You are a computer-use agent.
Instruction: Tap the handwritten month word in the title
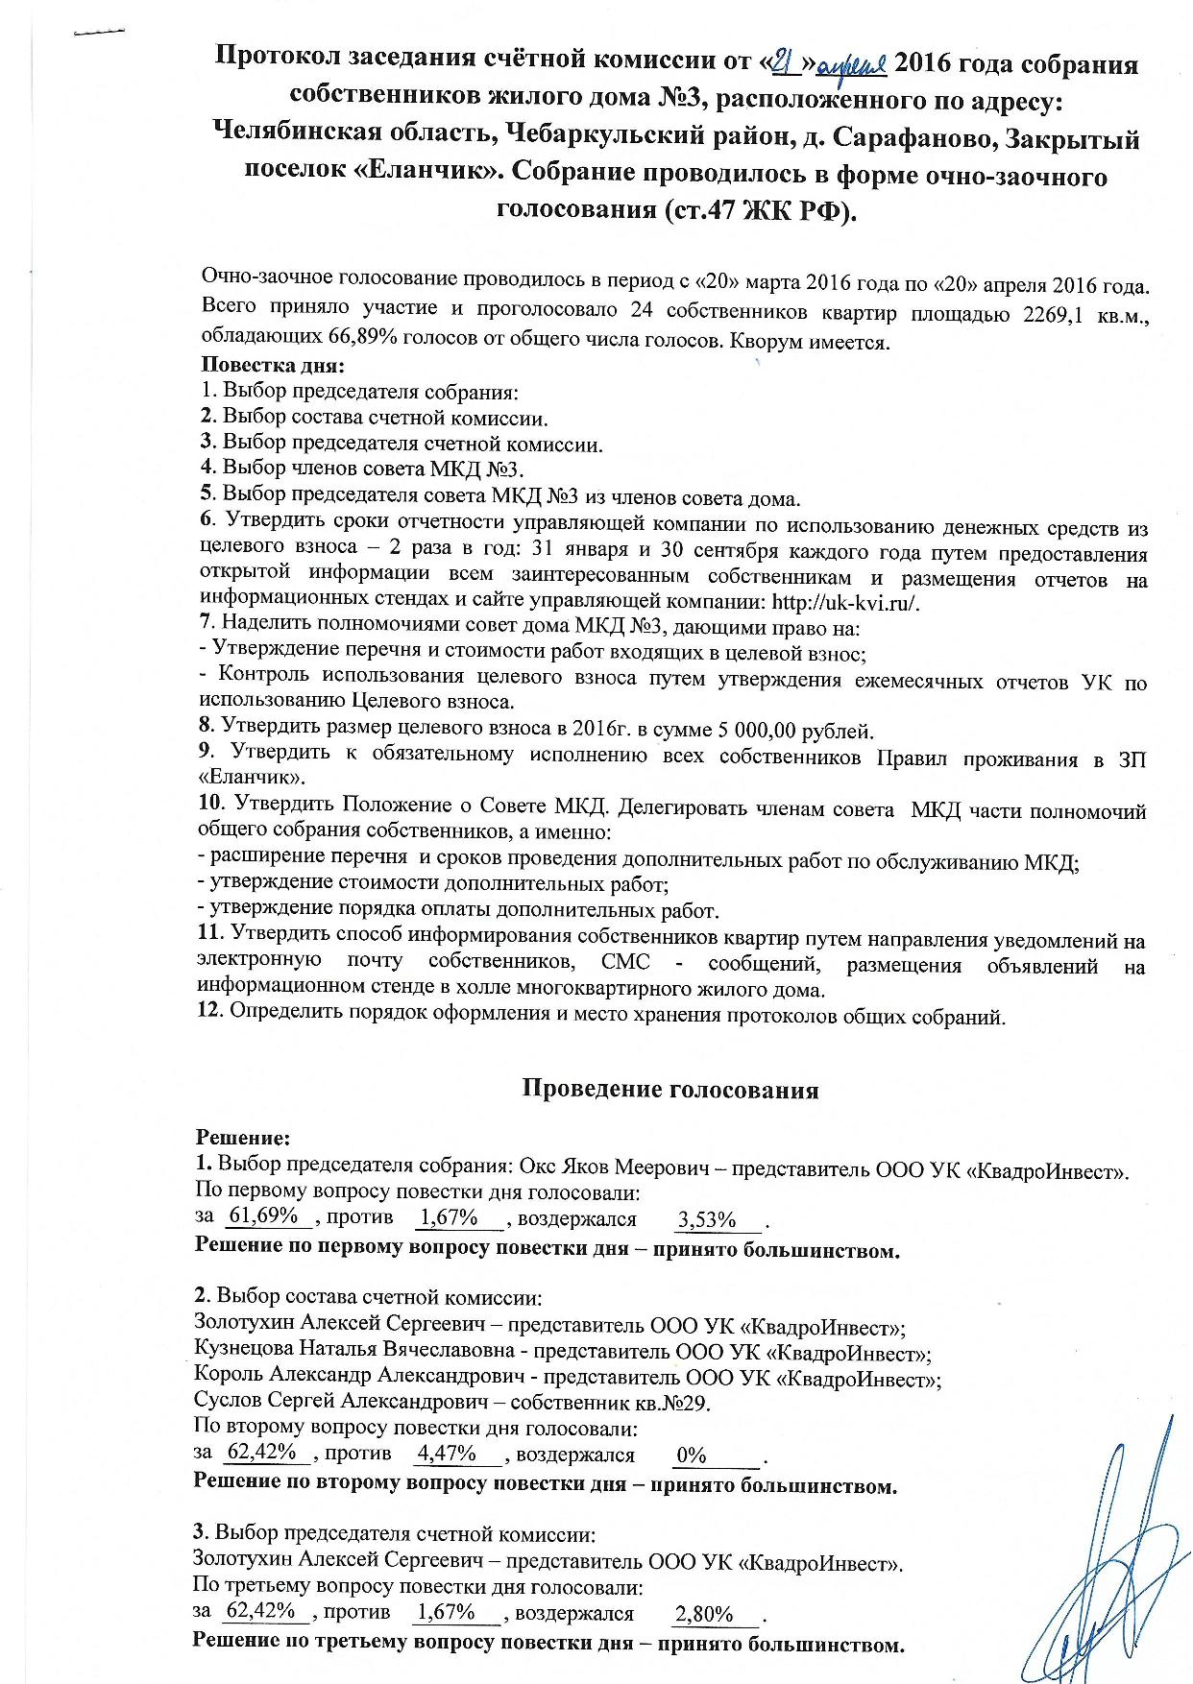[855, 65]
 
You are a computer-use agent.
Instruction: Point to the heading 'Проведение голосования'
[670, 1090]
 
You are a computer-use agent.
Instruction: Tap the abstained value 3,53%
[706, 1220]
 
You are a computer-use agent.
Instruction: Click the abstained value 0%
[692, 1455]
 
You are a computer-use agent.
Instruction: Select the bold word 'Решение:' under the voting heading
[242, 1139]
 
